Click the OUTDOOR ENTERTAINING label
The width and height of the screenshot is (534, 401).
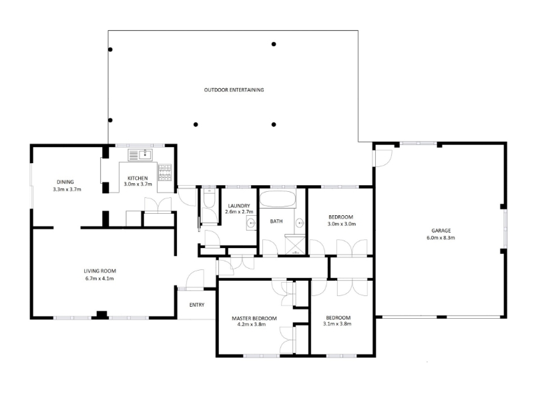click(234, 90)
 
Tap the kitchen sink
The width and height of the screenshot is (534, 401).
click(140, 155)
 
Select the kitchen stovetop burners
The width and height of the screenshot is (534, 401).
click(165, 172)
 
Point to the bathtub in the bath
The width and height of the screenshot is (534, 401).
click(278, 199)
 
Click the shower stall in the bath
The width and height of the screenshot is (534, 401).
click(295, 245)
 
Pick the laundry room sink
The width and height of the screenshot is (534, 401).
click(252, 224)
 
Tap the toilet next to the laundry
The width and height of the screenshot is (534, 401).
click(209, 198)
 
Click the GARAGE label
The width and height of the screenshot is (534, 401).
click(441, 231)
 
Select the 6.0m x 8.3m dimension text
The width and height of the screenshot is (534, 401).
click(441, 238)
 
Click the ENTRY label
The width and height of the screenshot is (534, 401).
click(197, 305)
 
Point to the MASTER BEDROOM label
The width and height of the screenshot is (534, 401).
click(254, 318)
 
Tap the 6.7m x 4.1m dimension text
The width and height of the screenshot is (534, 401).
click(99, 279)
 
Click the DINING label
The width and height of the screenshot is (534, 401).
click(65, 182)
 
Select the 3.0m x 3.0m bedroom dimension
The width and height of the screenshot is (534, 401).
click(342, 224)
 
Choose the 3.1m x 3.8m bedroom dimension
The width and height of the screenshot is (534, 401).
click(337, 324)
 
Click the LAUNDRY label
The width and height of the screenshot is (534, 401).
click(239, 206)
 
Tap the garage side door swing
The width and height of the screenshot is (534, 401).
click(383, 158)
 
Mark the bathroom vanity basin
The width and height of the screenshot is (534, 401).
click(300, 223)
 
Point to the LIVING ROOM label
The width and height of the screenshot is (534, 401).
click(99, 271)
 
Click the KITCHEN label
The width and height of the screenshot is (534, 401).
click(138, 178)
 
